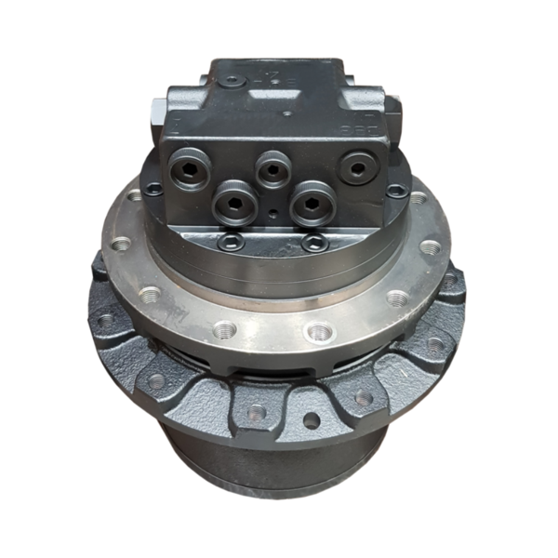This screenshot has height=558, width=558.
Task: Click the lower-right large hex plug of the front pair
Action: coord(312,202)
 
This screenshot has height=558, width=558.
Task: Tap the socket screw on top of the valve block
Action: coord(233,83)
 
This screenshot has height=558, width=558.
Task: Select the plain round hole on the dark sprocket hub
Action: coord(311,419)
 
